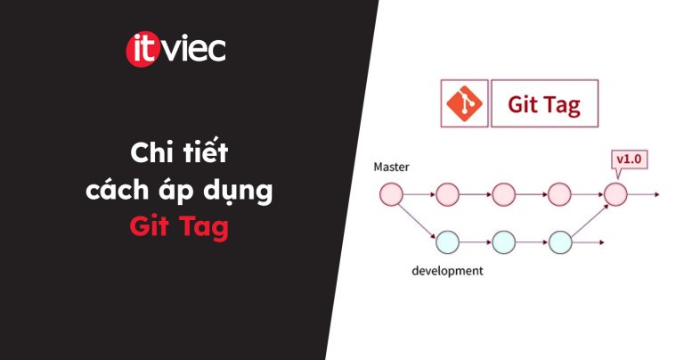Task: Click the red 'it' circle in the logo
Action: click(141, 50)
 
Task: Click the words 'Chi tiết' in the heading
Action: click(179, 152)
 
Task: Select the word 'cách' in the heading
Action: click(118, 190)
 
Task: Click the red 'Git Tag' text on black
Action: click(179, 227)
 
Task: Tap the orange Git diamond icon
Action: click(464, 103)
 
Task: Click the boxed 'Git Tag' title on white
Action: click(544, 104)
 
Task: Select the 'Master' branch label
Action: click(391, 167)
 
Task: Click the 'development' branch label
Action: click(448, 271)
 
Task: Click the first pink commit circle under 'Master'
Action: click(391, 194)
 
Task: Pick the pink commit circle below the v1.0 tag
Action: click(615, 194)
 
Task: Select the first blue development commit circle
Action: click(448, 242)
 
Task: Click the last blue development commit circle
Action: click(560, 242)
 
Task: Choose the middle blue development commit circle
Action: click(504, 242)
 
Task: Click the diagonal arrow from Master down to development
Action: click(418, 221)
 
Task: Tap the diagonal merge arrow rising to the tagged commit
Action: click(590, 221)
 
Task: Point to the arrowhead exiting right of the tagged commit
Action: click(657, 194)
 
